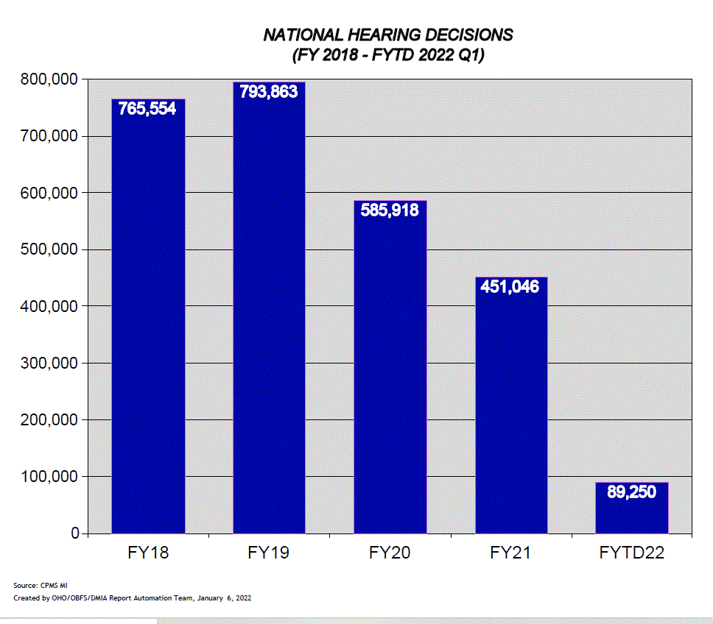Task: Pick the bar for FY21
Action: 511,412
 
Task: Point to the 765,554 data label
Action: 147,109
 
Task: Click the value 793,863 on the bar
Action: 269,92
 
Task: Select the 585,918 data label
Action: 390,210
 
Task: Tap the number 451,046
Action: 510,286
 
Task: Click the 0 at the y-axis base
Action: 74,533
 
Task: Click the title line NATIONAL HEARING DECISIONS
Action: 388,35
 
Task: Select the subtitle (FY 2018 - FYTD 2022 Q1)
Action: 388,55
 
